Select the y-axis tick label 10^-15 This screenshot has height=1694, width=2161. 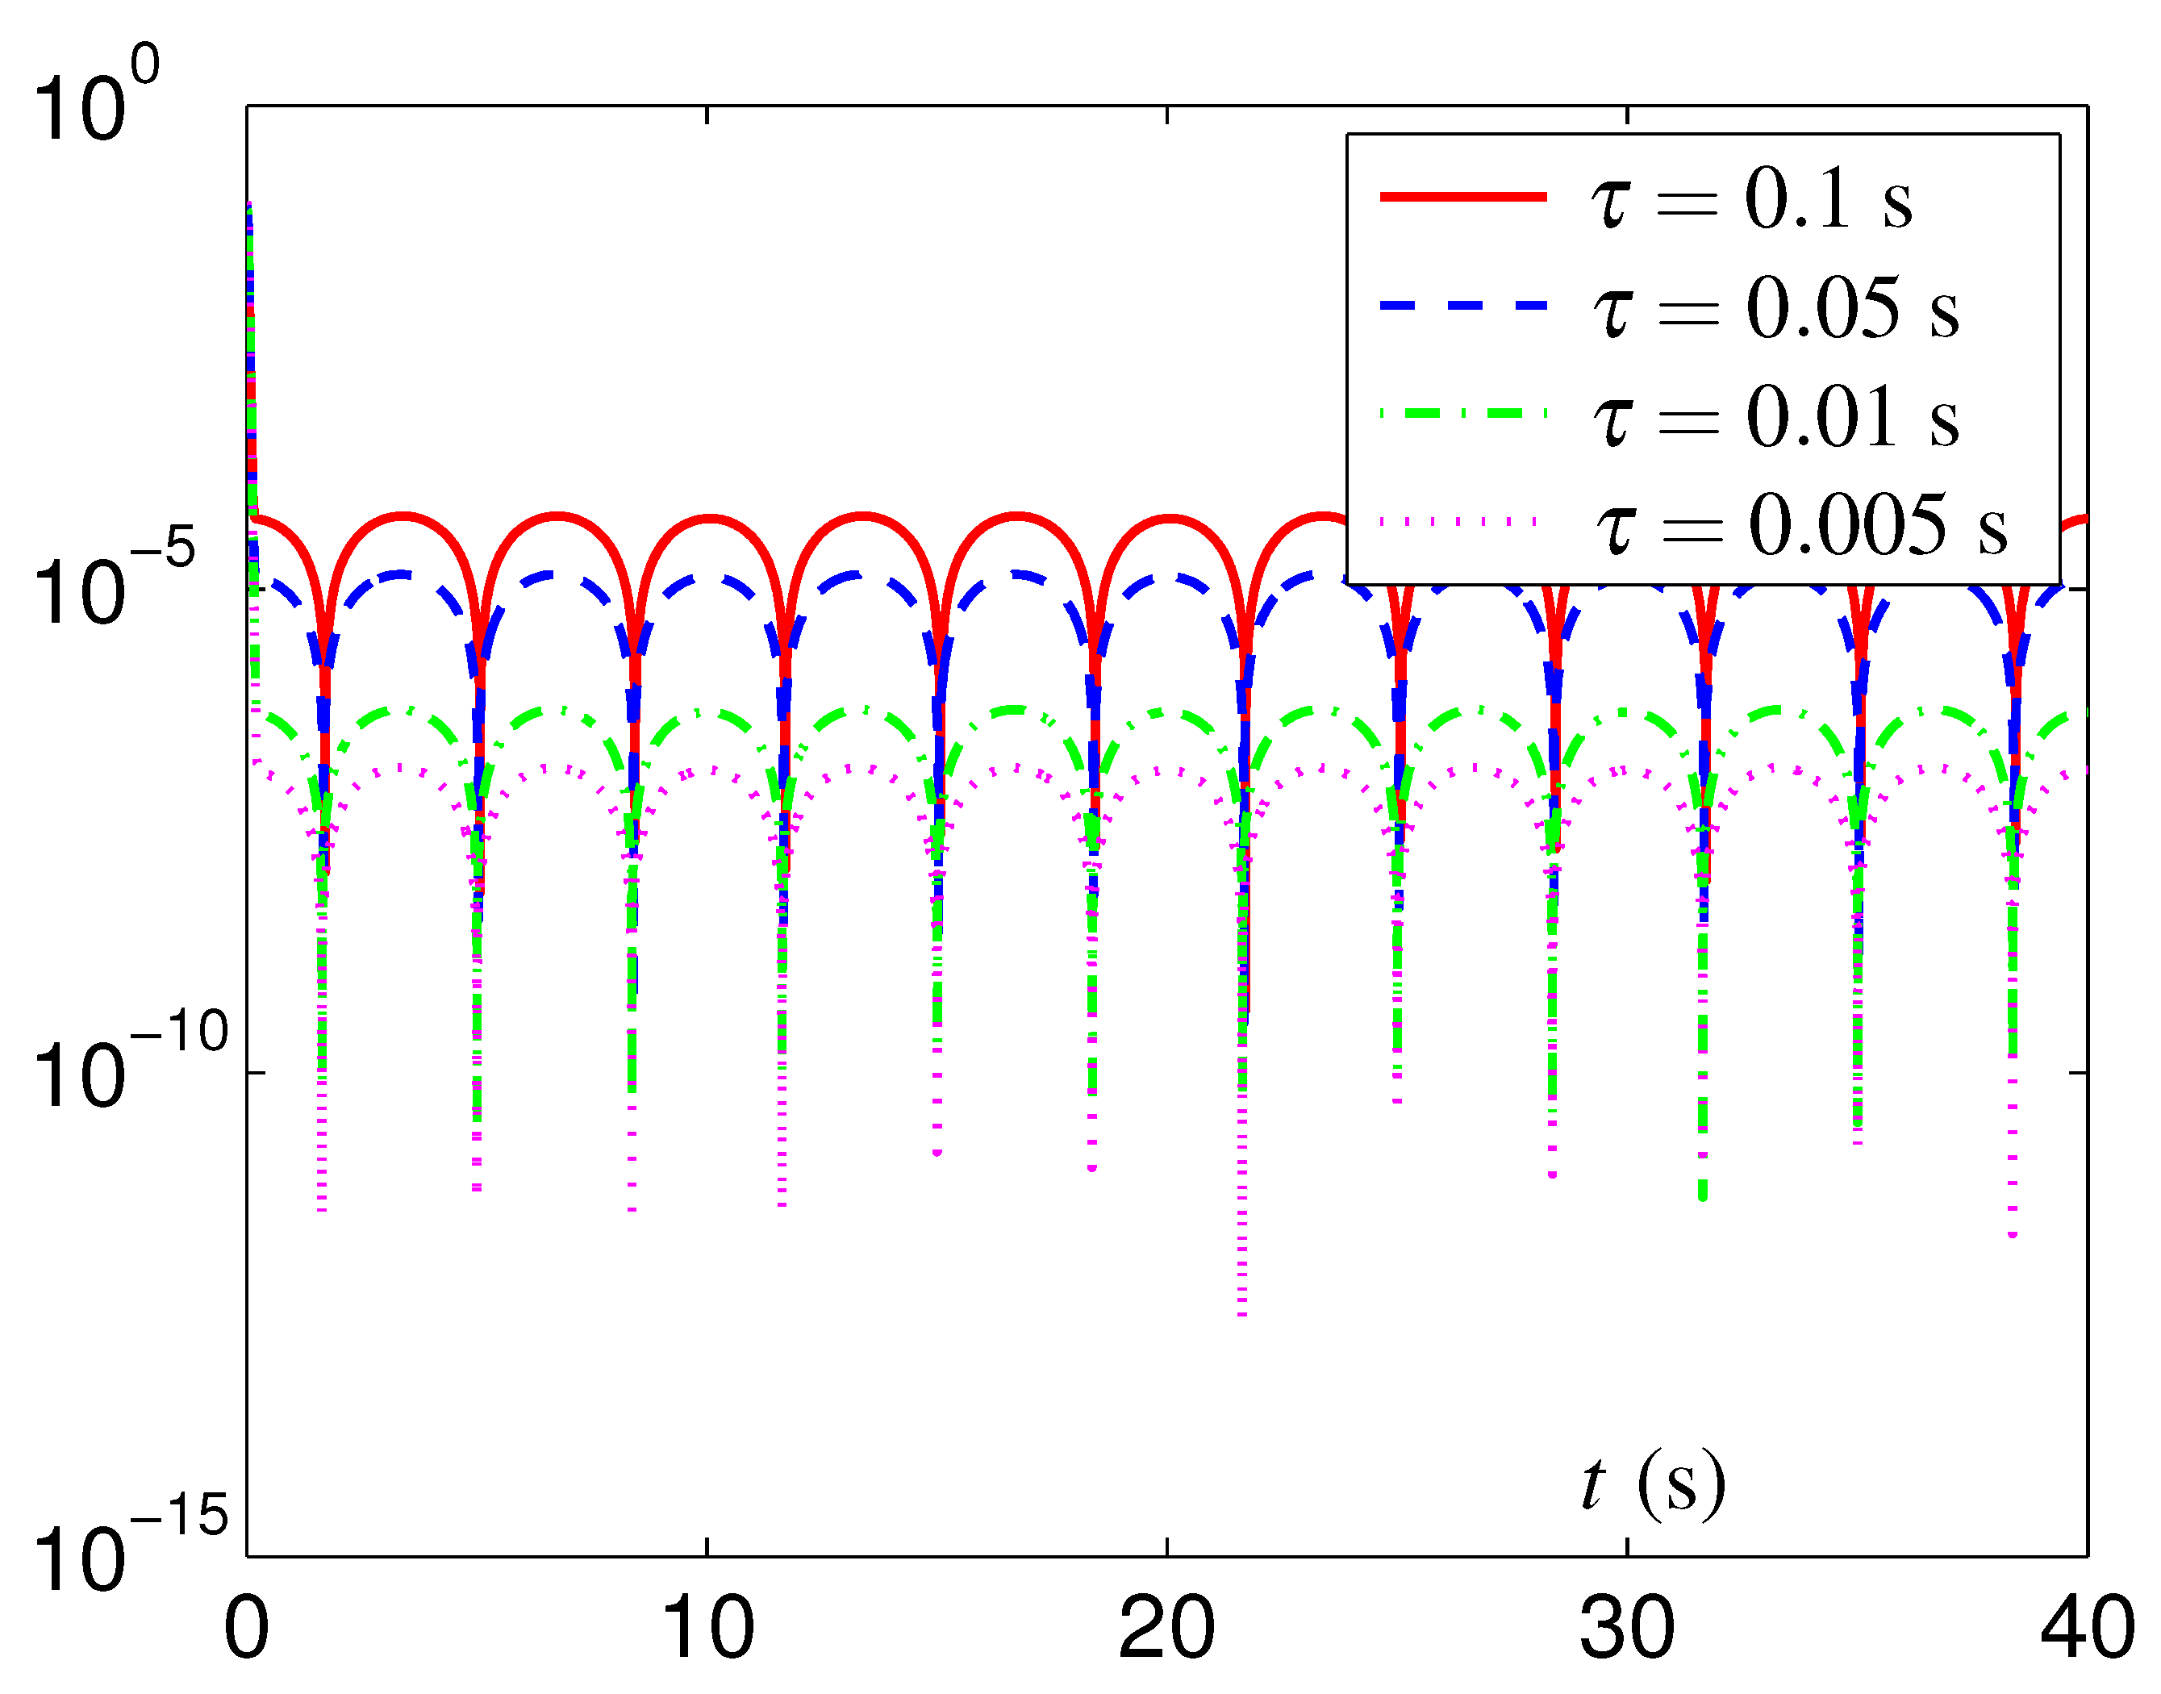pos(129,1548)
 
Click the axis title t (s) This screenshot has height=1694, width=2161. pos(1654,1485)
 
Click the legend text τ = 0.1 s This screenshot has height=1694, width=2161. pos(1751,198)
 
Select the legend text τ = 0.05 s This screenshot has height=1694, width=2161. pos(1775,307)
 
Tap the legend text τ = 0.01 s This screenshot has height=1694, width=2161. pos(1775,416)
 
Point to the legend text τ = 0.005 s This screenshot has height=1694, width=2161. pos(1800,526)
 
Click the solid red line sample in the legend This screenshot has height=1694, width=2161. pos(1462,196)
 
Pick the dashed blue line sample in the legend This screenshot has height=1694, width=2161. pos(1462,306)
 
